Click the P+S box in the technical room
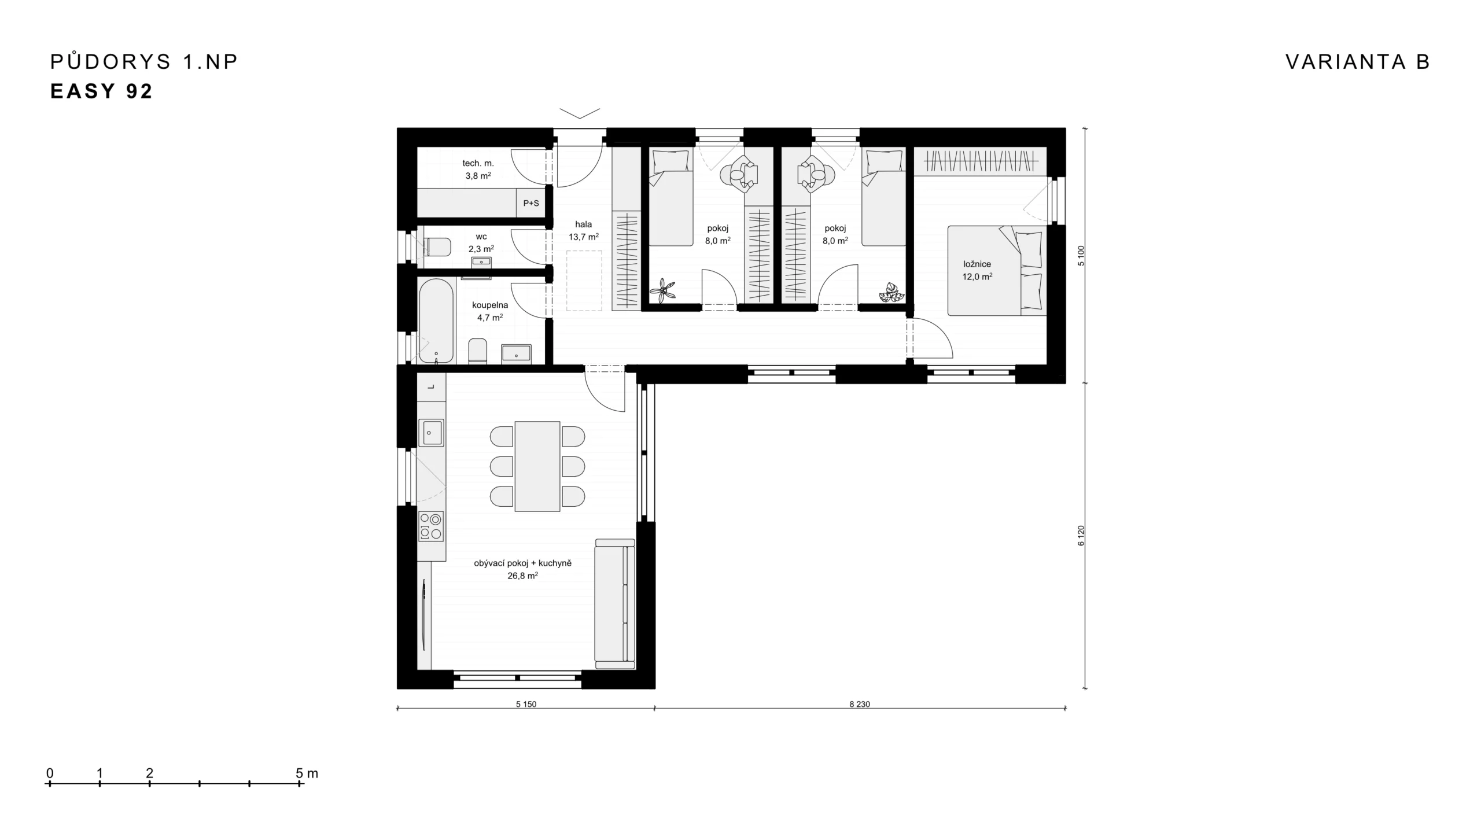pos(530,203)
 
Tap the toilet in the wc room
pos(437,248)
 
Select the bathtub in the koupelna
pos(436,322)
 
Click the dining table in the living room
pos(537,466)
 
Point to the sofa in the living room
pos(615,603)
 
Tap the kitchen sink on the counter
pos(431,432)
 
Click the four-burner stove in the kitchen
pos(431,526)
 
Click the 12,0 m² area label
pos(977,277)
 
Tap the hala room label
pos(583,224)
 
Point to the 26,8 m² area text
pos(522,576)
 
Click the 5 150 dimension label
pos(526,704)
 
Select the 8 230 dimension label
pos(860,704)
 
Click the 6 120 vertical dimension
pos(1081,535)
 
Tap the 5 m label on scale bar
pos(307,773)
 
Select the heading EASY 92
pos(102,91)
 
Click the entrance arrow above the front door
pos(580,113)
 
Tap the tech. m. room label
pos(478,163)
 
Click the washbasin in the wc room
pos(481,262)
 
